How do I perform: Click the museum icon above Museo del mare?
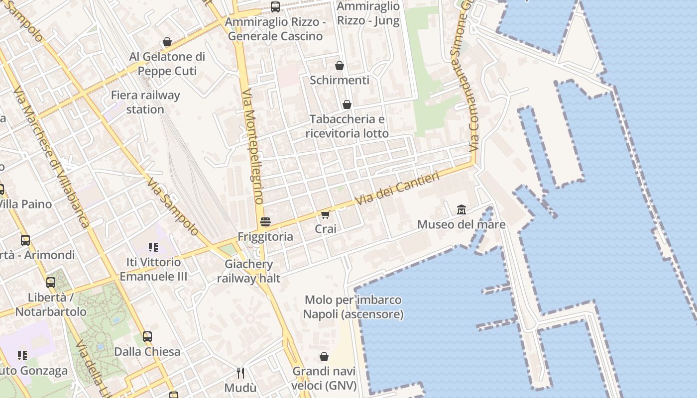(x=461, y=209)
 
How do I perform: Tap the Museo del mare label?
(x=461, y=224)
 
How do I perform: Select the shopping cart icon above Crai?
(x=325, y=214)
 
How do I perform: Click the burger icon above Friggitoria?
(x=265, y=221)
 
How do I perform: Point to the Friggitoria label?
(x=265, y=237)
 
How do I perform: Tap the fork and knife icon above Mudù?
(x=240, y=373)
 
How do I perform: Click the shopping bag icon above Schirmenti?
(x=340, y=66)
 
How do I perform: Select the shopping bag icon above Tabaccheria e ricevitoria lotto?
(x=347, y=104)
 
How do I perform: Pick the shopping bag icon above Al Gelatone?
(x=167, y=42)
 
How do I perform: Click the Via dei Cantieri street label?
(x=398, y=189)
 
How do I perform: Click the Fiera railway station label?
(x=145, y=102)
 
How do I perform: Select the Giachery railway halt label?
(x=248, y=271)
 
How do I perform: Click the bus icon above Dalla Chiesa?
(x=147, y=337)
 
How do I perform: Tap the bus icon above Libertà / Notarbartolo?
(x=51, y=283)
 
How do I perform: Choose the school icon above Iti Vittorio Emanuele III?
(x=153, y=247)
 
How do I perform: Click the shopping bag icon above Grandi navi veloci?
(x=324, y=357)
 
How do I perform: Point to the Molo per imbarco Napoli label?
(x=353, y=307)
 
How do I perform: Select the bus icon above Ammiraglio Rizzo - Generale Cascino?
(x=275, y=7)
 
